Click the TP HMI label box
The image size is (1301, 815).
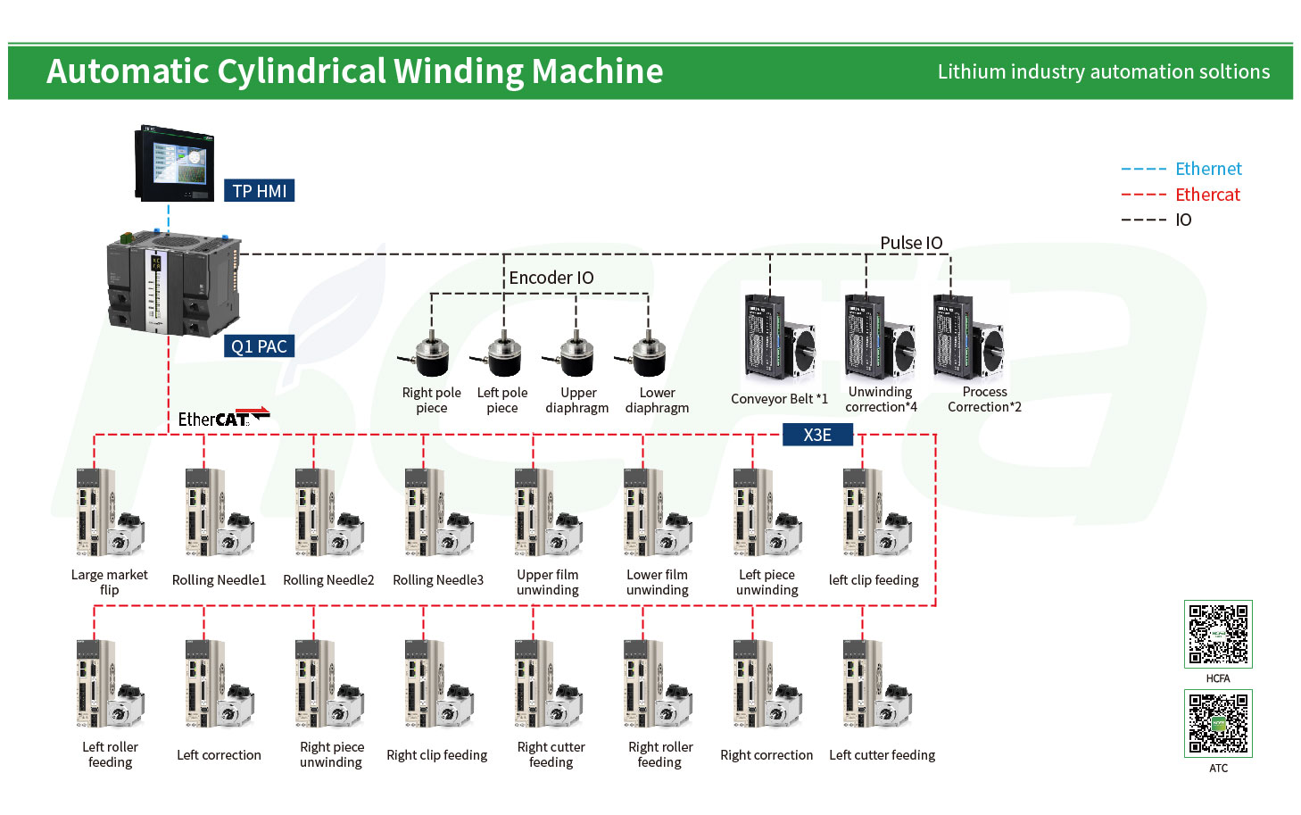[259, 190]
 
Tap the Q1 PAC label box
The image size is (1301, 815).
[259, 346]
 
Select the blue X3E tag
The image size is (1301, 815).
[817, 435]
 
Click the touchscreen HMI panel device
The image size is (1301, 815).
[174, 164]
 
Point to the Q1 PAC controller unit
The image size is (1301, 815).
[174, 284]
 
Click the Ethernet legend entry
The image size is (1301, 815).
[1181, 169]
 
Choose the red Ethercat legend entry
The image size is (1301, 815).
[1181, 195]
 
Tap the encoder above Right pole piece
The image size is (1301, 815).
[426, 355]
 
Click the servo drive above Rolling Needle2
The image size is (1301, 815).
[329, 513]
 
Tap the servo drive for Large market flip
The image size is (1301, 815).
[110, 513]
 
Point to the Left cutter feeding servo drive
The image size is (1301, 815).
[877, 685]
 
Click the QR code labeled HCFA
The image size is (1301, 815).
[1218, 634]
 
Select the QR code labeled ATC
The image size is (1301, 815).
[1218, 723]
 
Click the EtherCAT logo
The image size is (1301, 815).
[224, 418]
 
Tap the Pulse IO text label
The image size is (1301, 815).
[911, 243]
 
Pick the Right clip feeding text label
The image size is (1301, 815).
[436, 755]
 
